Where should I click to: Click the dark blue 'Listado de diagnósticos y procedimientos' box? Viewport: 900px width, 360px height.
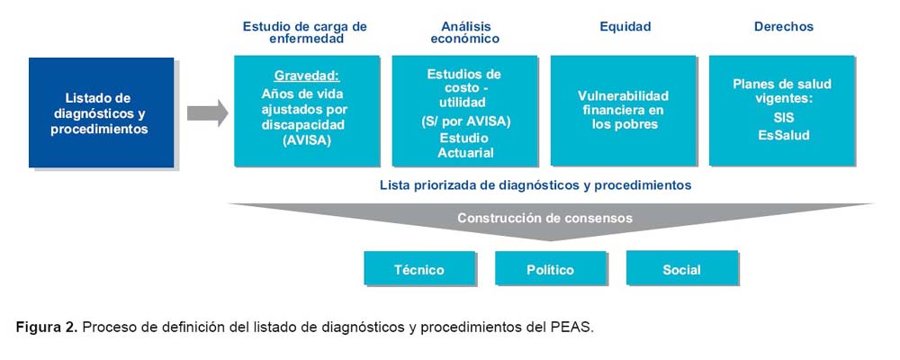tap(101, 112)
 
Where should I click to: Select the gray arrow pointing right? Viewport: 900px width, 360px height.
tap(207, 112)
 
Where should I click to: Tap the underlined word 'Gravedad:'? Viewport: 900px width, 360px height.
tap(307, 76)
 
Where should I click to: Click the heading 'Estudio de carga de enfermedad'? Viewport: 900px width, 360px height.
tap(305, 32)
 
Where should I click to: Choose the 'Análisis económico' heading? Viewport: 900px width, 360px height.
tap(465, 32)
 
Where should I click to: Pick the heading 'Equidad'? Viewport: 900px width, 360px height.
tap(625, 27)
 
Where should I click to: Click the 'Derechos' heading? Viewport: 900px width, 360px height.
tap(784, 27)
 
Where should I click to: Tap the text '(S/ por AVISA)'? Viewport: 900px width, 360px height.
tap(464, 122)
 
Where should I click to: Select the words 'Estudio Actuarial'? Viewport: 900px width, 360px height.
tap(465, 146)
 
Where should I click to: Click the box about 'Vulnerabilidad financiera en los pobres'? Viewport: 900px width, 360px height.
tap(624, 111)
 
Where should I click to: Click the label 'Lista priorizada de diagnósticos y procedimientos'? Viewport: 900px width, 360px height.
tap(535, 185)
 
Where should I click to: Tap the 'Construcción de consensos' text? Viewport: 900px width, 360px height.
tap(544, 218)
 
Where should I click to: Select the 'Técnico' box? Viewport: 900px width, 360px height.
tap(419, 268)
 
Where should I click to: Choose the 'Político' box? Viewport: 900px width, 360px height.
tap(551, 268)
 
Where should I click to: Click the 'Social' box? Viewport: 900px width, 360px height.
tap(682, 268)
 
